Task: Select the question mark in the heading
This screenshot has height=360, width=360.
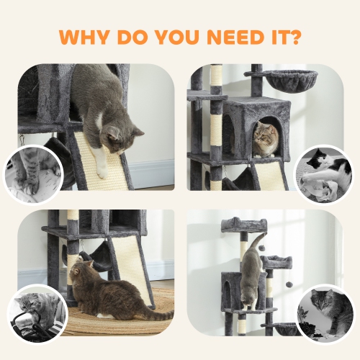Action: [x=294, y=36]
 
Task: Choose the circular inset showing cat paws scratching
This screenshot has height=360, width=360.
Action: [x=34, y=174]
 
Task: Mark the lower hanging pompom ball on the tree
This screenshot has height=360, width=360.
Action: [x=288, y=284]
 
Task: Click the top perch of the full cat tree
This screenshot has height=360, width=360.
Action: [x=243, y=224]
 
